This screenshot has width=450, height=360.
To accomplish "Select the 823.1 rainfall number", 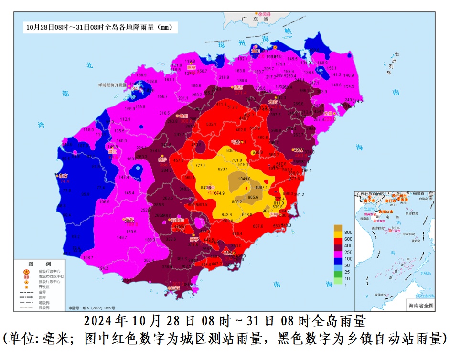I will [x=223, y=169].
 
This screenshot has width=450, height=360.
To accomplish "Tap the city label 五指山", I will [x=178, y=220].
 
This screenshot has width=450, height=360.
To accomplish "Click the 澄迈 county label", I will [x=238, y=88].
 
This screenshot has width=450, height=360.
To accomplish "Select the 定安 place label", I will [x=273, y=102].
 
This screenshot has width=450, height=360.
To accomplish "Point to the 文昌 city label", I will [x=328, y=114].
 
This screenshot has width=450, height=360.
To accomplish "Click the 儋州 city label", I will [x=182, y=116].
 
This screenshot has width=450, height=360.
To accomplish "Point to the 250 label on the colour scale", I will [x=348, y=252].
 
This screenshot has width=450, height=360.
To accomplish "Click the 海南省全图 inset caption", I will [x=420, y=305].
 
